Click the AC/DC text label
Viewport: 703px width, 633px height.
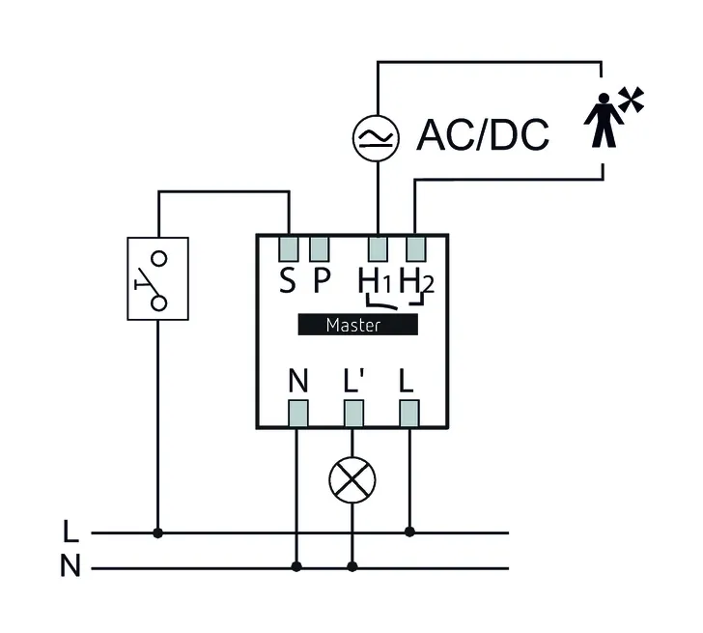pyautogui.click(x=482, y=136)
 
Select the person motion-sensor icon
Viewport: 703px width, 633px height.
pyautogui.click(x=608, y=117)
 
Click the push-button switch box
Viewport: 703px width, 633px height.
pyautogui.click(x=157, y=278)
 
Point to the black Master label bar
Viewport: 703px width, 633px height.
pyautogui.click(x=357, y=326)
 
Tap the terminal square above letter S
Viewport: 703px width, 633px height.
pyautogui.click(x=289, y=248)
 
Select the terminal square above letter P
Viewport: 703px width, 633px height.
pyautogui.click(x=321, y=248)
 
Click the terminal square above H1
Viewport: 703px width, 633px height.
pyautogui.click(x=380, y=248)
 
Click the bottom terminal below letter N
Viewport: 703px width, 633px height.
pyautogui.click(x=297, y=413)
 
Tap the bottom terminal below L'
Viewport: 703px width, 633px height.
pyautogui.click(x=352, y=413)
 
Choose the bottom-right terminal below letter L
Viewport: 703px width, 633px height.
pyautogui.click(x=410, y=413)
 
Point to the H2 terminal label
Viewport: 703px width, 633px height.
pyautogui.click(x=416, y=281)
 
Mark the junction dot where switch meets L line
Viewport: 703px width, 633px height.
pyautogui.click(x=157, y=532)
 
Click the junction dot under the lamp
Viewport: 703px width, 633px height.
pyautogui.click(x=352, y=567)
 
